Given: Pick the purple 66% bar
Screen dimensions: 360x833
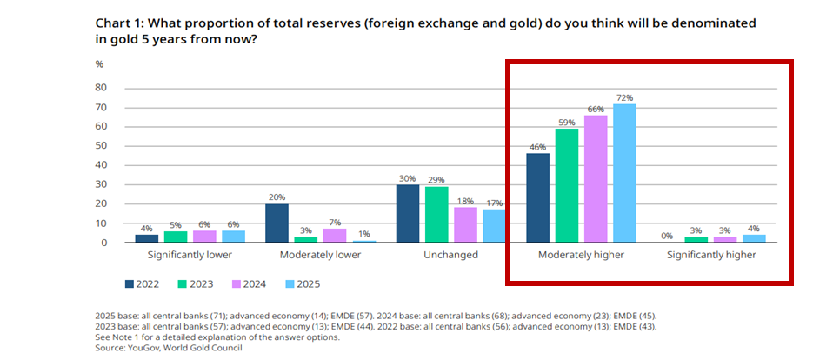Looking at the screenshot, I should coord(596,178).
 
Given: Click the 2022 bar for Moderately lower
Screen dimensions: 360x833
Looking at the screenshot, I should coord(277,223).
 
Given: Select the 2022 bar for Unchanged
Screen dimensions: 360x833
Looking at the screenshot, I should coord(408,213).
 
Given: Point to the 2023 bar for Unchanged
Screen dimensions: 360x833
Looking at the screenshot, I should coord(436,214).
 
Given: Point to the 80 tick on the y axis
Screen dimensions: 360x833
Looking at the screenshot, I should coord(101,88).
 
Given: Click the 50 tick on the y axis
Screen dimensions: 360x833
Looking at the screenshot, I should coord(101,146).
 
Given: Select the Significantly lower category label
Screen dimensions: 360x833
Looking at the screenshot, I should coord(190,256).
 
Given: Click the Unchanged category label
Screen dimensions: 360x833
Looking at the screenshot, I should coord(450,256).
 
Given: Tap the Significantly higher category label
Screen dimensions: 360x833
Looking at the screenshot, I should coord(711,256).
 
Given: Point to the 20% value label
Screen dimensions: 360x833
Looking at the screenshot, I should coord(277,197).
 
